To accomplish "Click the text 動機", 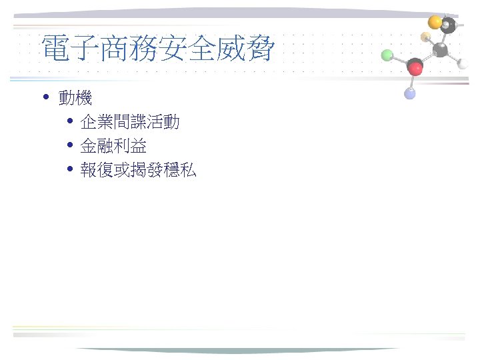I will (x=75, y=99).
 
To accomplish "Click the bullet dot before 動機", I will (x=45, y=99).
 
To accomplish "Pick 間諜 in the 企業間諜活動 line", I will (x=129, y=123).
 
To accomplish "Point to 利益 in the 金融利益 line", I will (x=130, y=146).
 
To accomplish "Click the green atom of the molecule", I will (x=387, y=55).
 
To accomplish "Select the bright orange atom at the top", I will (x=435, y=22).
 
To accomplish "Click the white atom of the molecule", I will (x=463, y=64).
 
